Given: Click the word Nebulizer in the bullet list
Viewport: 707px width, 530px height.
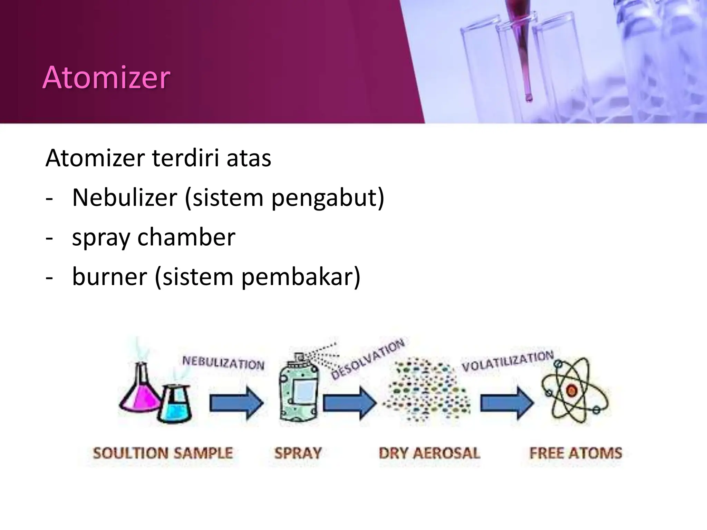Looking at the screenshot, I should coord(124,198).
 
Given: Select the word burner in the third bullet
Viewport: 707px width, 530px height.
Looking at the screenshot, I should coord(109,276).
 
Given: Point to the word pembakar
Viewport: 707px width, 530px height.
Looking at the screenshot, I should coord(300,277).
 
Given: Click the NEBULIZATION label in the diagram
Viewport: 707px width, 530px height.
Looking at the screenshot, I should coord(223,363).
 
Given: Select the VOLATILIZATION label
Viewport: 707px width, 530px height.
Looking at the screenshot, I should coord(507,361).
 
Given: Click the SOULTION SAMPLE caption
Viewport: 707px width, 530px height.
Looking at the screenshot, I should coord(163,453).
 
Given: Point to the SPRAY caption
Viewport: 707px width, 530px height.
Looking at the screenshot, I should coord(298,453).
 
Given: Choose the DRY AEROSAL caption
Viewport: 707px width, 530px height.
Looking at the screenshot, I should coord(429,453).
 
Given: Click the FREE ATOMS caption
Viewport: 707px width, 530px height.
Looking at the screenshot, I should coord(575,453).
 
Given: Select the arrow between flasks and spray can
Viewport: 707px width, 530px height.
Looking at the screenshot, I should coord(236,403).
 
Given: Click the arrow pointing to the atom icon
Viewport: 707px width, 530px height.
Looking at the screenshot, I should coord(507,403).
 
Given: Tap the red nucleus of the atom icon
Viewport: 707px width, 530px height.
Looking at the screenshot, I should coord(571,391).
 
